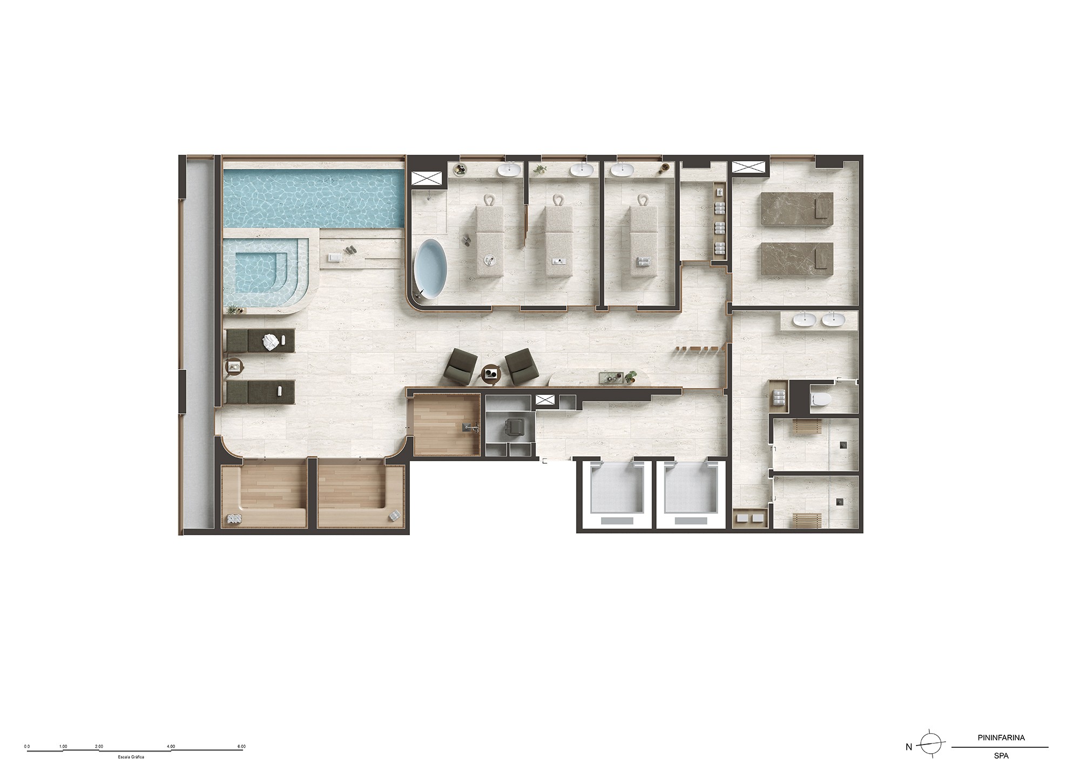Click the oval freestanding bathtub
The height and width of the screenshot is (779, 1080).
(432, 270)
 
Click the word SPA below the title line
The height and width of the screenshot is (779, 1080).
(1001, 756)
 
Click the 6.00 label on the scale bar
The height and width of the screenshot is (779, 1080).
(241, 746)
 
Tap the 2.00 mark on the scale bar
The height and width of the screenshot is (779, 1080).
(98, 746)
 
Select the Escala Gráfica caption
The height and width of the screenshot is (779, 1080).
(130, 756)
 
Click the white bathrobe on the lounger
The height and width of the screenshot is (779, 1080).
(270, 341)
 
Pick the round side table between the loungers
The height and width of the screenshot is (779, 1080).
(234, 367)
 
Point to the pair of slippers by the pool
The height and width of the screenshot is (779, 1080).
(349, 250)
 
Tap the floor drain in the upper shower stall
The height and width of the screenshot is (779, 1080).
(842, 445)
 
